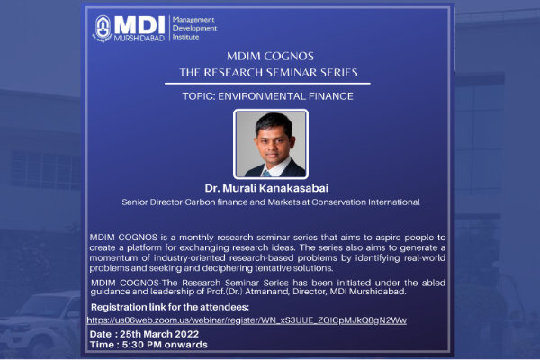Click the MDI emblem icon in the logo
pos(103,29)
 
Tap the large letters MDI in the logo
pos(139,25)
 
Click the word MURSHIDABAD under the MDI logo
pos(139,38)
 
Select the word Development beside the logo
pos(194,28)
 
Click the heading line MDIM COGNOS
pos(270,56)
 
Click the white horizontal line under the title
pos(267,84)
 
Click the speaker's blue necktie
pos(266,174)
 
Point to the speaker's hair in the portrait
pos(274,123)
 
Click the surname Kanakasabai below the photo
pos(293,188)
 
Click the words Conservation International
pos(365,202)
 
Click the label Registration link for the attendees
pos(170,307)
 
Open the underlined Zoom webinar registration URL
pos(247,320)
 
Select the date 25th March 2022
pos(159,334)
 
